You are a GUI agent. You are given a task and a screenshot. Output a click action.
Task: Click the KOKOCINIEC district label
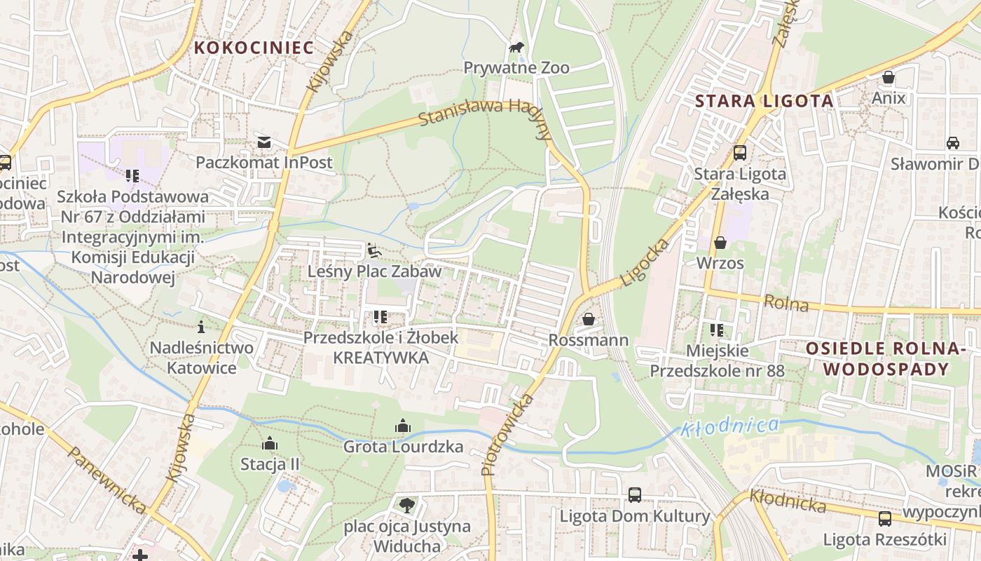pos(254,48)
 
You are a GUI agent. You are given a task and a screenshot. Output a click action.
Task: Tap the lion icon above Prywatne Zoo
pos(516,48)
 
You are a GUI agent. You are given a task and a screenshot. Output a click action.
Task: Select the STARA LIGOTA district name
pos(764,101)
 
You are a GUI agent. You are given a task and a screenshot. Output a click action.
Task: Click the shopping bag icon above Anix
pos(889,77)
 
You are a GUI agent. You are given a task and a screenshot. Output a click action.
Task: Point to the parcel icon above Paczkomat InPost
pos(263,142)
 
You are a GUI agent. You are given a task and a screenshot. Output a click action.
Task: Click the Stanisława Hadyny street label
pos(483,116)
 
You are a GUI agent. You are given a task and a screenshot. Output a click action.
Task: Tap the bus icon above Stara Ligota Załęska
pos(739,153)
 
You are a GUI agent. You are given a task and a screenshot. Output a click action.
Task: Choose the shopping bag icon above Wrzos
pos(720,243)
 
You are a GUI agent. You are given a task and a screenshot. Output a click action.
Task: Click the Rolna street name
pos(786,304)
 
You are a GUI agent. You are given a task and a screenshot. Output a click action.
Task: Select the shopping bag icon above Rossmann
pos(589,319)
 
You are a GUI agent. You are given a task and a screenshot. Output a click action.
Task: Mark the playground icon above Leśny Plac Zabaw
pos(374,250)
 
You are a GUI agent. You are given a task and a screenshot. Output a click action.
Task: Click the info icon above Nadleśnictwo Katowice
pos(201,327)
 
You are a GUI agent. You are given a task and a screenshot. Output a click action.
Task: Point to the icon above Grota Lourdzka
pos(403,426)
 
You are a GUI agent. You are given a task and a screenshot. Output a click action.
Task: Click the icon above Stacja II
pos(270,443)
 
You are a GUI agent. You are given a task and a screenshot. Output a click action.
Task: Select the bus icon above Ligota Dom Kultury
pos(634,495)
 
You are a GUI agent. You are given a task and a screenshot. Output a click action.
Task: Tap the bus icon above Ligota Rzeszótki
pos(885,519)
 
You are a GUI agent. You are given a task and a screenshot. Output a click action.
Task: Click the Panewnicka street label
pos(107,480)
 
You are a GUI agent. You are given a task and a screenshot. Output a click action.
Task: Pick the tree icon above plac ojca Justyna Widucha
pos(406,505)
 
